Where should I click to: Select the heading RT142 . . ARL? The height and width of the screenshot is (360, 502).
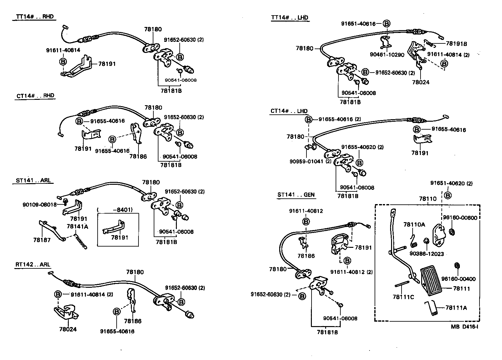tap(32, 265)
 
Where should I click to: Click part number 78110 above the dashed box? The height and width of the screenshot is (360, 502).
tap(428, 199)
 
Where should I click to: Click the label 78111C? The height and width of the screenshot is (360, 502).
tap(403, 297)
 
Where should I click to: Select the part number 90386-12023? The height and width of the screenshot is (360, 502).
tap(427, 254)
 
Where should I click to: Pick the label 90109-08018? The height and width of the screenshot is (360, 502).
tap(40, 204)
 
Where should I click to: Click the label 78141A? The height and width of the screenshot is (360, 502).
tap(77, 226)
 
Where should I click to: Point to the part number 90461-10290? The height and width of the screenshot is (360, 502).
tap(387, 55)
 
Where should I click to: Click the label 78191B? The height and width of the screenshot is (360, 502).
tap(456, 44)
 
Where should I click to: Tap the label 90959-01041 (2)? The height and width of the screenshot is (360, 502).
tap(310, 161)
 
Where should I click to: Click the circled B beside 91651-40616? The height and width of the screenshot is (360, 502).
tap(386, 23)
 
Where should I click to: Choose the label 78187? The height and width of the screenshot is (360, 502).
tap(42, 240)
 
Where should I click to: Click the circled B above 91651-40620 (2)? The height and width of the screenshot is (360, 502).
tap(447, 195)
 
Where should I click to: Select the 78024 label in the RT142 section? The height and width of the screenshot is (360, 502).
tap(68, 329)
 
